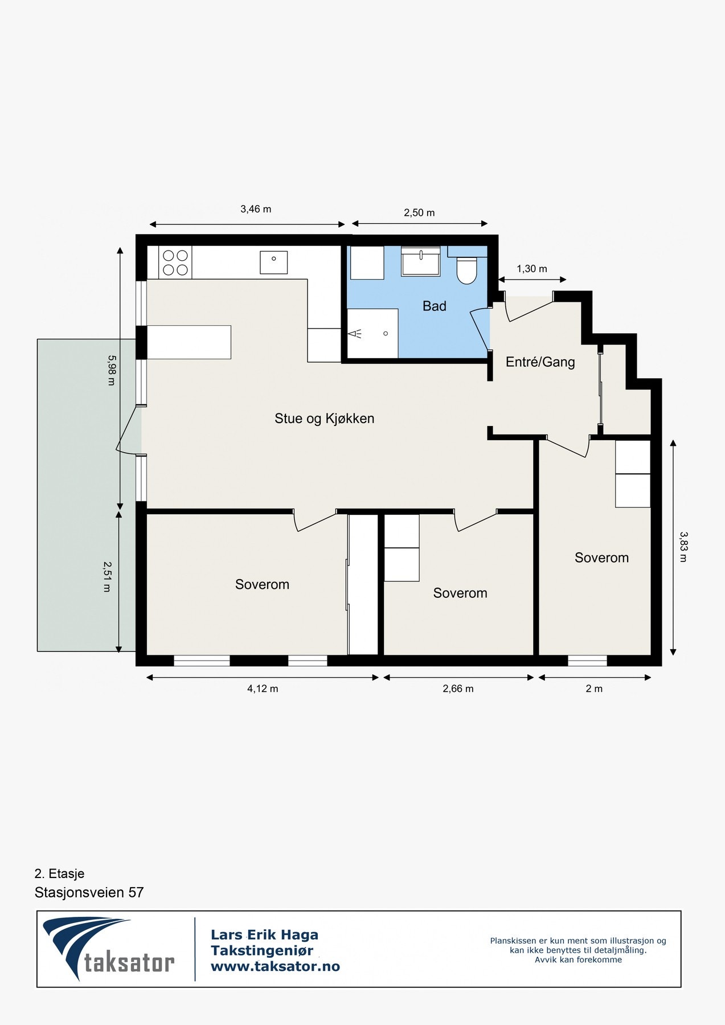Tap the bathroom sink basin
[421, 263]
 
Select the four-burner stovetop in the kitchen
[175, 263]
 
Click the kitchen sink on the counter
[274, 262]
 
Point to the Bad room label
[435, 306]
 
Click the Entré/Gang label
[540, 362]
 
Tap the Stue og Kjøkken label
[325, 419]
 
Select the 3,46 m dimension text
[256, 209]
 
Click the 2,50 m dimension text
[419, 213]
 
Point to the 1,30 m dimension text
[532, 269]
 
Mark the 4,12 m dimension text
[263, 688]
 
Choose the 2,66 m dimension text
[458, 688]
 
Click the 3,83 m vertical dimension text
[683, 547]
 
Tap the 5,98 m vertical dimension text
[111, 370]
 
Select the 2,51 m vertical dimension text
[107, 576]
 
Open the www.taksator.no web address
[275, 967]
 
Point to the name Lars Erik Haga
[264, 935]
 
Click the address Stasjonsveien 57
[89, 892]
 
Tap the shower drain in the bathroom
[386, 334]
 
